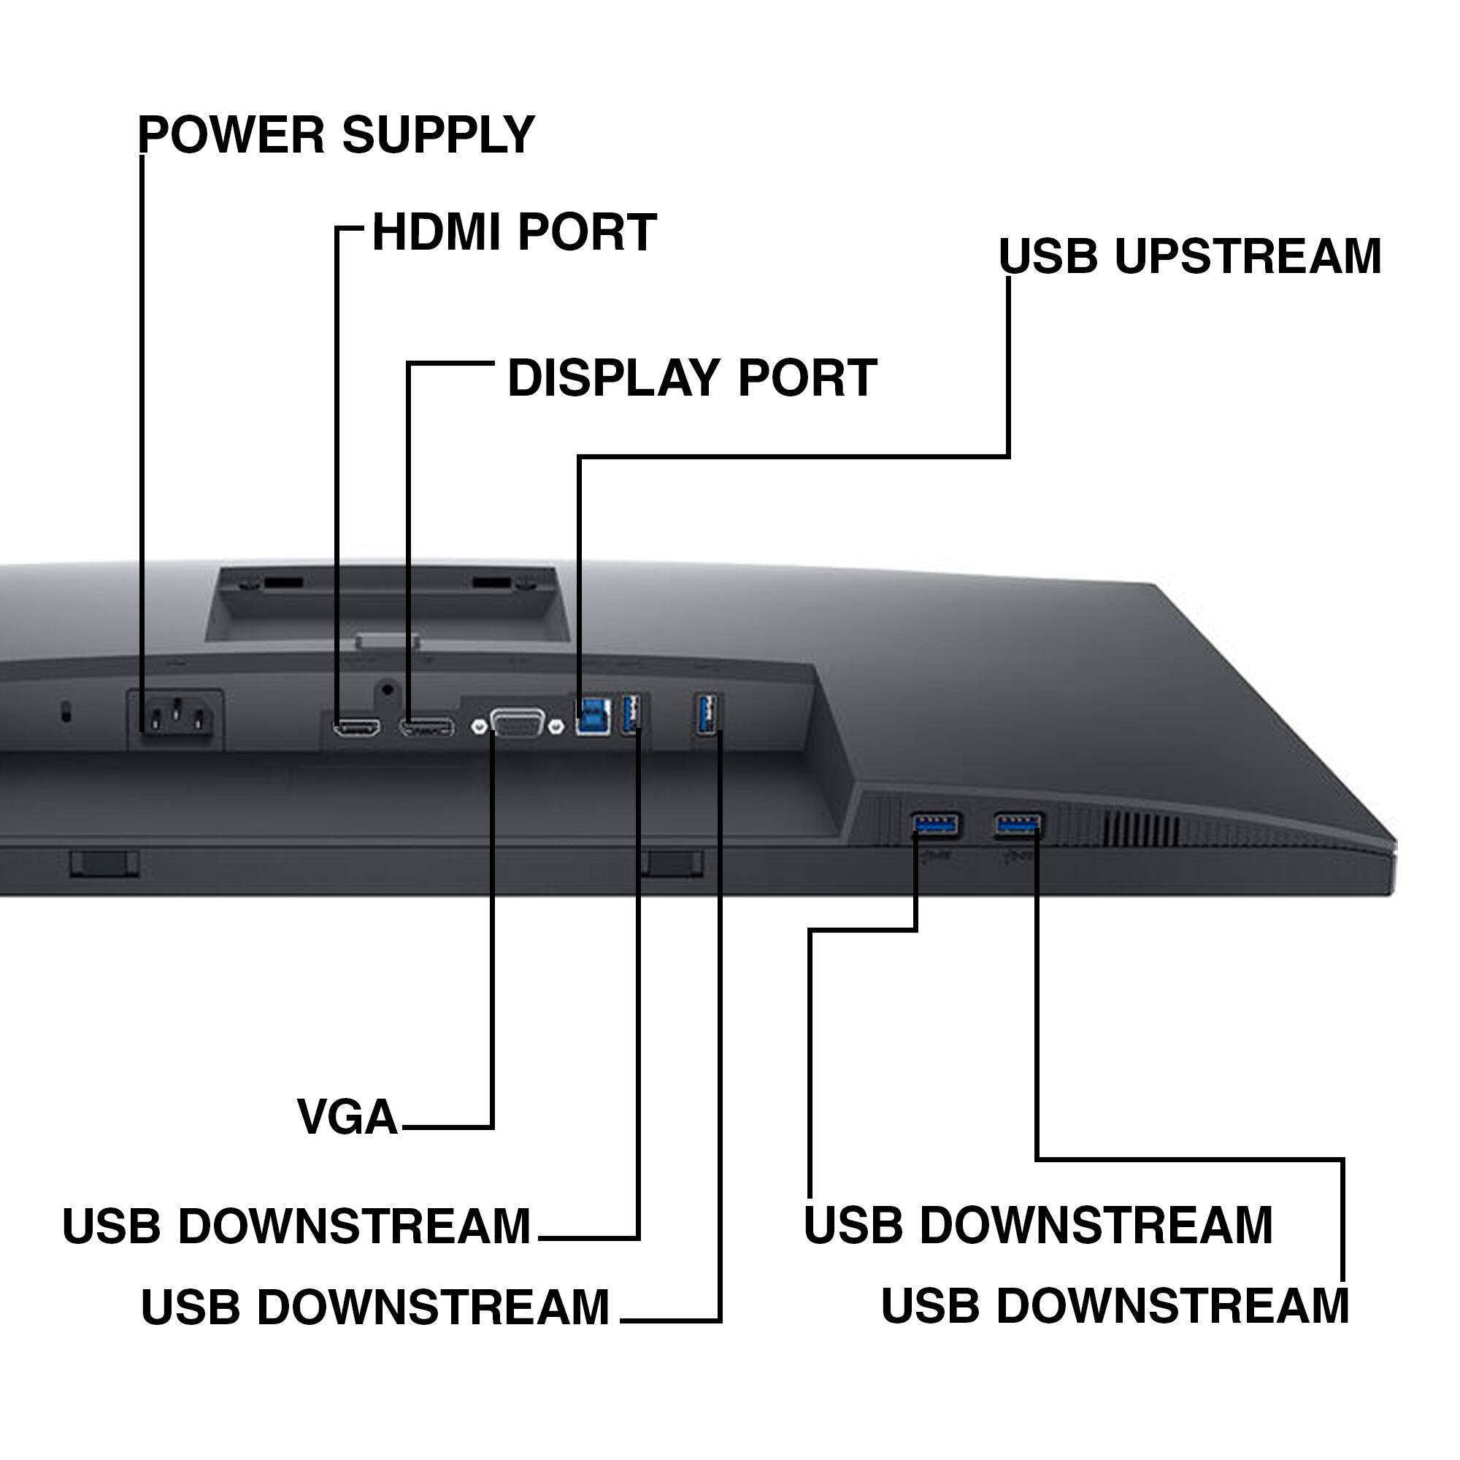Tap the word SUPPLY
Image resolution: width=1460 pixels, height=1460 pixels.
point(438,134)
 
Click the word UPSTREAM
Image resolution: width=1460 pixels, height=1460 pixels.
point(1248,256)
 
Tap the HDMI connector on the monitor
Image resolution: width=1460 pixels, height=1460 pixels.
point(358,728)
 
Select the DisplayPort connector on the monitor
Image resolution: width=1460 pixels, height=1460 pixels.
point(427,729)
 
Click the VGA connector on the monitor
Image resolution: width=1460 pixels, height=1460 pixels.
point(518,724)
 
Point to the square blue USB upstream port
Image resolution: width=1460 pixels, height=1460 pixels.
point(593,714)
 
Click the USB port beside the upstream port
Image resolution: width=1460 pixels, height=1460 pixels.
point(631,713)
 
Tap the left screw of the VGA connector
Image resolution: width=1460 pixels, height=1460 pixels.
point(478,727)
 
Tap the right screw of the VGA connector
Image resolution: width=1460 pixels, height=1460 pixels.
point(557,726)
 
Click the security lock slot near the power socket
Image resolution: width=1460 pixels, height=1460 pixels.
point(66,711)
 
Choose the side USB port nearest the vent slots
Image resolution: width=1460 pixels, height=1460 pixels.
point(1018,824)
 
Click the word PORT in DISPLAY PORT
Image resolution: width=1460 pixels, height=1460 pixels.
point(807,378)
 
